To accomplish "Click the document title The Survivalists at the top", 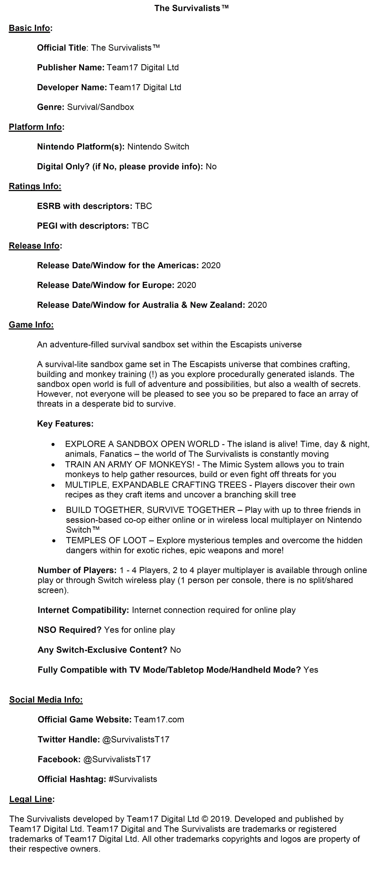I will tap(191, 8).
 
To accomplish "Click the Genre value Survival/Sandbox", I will tap(100, 107).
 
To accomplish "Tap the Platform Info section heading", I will tap(35, 127).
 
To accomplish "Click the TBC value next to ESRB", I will tap(143, 206).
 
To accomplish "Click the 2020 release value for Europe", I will tap(186, 285).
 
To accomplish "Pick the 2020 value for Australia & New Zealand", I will tap(257, 305).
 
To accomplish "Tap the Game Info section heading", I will tap(31, 325).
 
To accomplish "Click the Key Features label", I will tap(65, 424).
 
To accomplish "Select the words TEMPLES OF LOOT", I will tap(106, 540).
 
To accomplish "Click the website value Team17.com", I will tap(159, 720).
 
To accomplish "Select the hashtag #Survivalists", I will tap(133, 779).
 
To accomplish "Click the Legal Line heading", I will tap(31, 799).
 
